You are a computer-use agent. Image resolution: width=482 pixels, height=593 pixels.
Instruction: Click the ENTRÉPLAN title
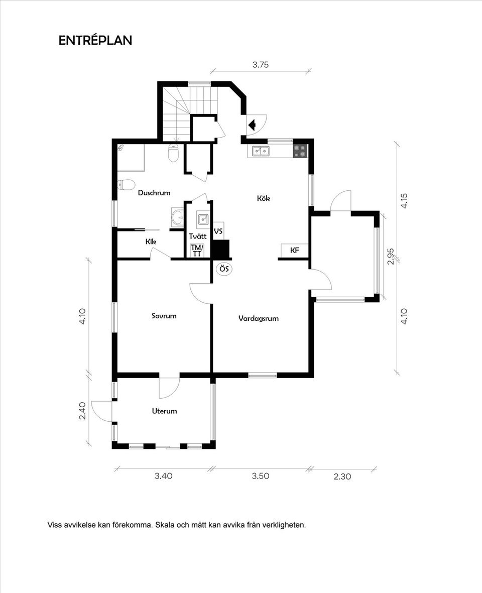(x=95, y=41)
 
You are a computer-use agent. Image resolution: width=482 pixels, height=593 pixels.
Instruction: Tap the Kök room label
(x=264, y=198)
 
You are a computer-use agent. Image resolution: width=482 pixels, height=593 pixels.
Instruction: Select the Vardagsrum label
(x=259, y=318)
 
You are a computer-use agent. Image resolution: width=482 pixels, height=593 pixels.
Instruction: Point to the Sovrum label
(x=164, y=315)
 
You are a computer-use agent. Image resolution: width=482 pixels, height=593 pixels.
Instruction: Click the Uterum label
(x=165, y=411)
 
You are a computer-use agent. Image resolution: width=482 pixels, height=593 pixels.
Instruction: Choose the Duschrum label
(x=154, y=192)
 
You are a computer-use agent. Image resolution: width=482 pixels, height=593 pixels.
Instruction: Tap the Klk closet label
(x=151, y=242)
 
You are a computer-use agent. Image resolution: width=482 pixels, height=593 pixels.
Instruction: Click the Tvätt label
(x=198, y=236)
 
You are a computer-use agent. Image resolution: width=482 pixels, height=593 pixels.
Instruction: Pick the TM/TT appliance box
(x=197, y=251)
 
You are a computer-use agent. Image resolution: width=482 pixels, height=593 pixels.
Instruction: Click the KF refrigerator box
(x=295, y=250)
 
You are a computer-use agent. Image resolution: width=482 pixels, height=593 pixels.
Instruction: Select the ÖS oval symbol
(x=224, y=269)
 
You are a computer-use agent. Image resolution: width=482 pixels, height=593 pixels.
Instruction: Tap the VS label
(x=218, y=231)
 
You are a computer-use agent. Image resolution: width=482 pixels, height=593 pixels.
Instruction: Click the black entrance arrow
(x=252, y=125)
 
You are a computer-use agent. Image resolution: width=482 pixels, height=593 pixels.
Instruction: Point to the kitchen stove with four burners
(x=301, y=151)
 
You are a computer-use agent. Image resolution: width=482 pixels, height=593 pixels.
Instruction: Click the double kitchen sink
(x=261, y=151)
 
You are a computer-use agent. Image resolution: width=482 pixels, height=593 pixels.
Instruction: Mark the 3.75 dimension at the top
(x=261, y=65)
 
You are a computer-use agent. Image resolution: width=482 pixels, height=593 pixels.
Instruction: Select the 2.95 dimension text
(x=391, y=256)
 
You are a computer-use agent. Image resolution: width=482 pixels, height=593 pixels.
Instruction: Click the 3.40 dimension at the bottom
(x=163, y=476)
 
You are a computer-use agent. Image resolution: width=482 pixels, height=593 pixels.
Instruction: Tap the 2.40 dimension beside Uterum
(x=82, y=410)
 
